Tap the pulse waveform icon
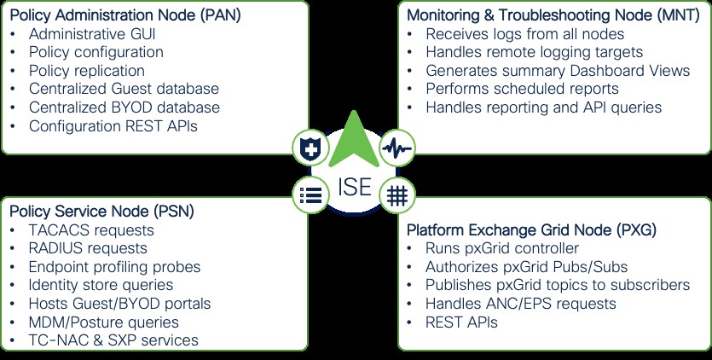(396, 148)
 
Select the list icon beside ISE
(310, 194)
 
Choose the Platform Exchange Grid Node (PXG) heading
(531, 230)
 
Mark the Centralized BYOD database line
(124, 107)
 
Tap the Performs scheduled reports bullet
(522, 89)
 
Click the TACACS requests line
(90, 230)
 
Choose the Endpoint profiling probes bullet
(114, 267)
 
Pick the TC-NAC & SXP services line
(113, 340)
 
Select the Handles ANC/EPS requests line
(520, 304)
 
